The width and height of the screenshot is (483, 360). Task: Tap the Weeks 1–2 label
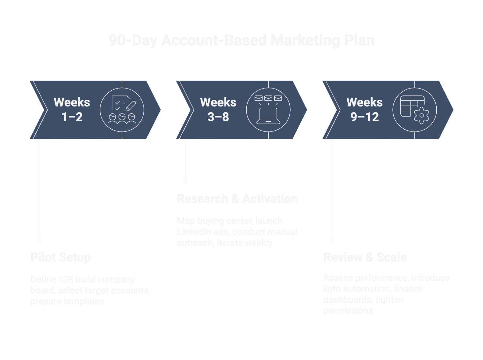point(72,110)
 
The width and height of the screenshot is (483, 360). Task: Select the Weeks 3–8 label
point(218,110)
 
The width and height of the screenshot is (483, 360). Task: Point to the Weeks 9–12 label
point(364,110)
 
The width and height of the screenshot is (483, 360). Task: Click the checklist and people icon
point(122,110)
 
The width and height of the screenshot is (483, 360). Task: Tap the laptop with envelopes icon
point(268,110)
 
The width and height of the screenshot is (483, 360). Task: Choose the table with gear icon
point(415,110)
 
